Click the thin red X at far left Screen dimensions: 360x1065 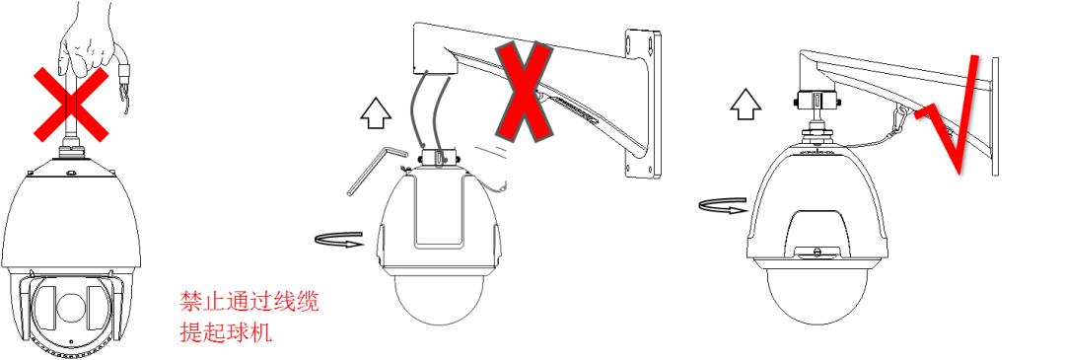tap(71, 105)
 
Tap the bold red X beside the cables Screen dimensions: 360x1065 tap(524, 91)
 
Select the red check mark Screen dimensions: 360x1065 tap(949, 115)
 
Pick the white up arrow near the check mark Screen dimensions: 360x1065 tap(745, 104)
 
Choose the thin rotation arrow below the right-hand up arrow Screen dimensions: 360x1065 tap(722, 206)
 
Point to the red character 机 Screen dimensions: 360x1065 tap(261, 331)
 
